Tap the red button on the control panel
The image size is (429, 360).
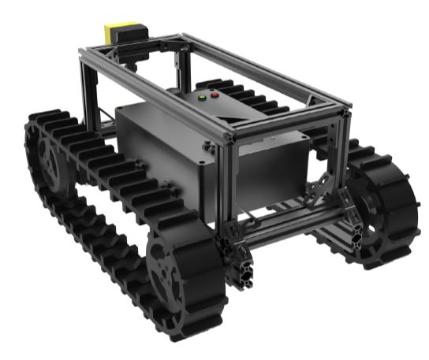pos(215,96)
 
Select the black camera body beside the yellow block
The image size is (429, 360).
pos(139,32)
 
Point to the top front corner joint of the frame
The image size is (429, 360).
pos(229,135)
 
